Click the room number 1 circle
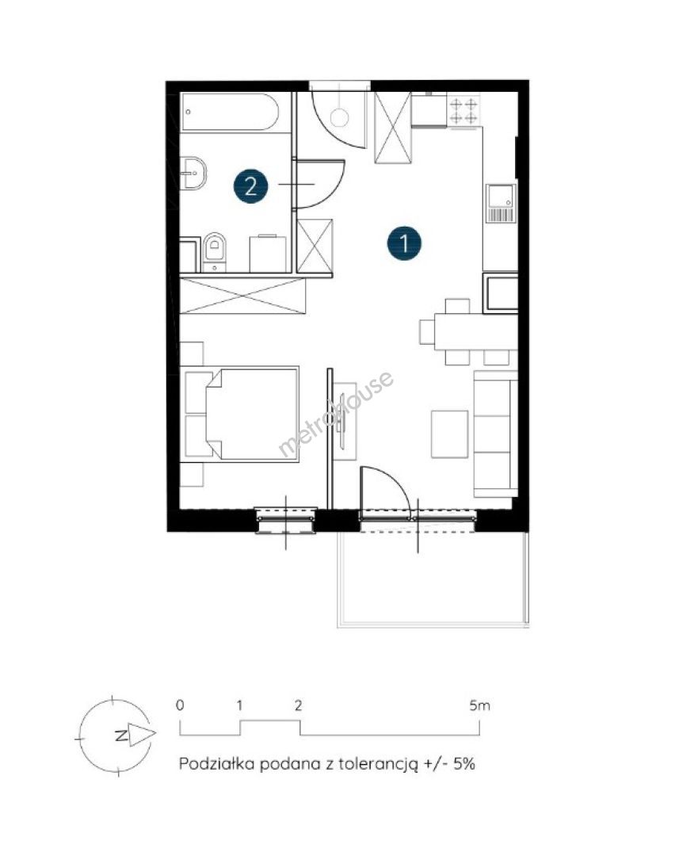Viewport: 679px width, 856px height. (x=404, y=243)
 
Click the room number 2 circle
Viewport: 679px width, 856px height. (x=250, y=187)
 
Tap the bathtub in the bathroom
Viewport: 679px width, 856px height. (x=230, y=112)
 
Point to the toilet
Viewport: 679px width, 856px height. (x=215, y=252)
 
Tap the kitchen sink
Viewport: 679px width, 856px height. (x=501, y=204)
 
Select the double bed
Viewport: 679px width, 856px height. (x=242, y=415)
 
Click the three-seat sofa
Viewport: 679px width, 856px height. (x=495, y=434)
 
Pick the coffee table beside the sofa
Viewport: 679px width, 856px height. (x=450, y=434)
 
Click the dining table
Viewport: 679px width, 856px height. (x=475, y=331)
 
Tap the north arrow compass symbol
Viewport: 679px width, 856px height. (x=115, y=735)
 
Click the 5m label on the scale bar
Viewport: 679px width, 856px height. (x=480, y=705)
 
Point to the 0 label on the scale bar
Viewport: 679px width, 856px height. (x=180, y=705)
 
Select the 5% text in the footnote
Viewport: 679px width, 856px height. (x=464, y=763)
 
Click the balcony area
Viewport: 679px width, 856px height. (x=433, y=579)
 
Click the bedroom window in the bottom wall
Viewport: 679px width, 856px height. (x=286, y=520)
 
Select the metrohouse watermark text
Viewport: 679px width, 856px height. (x=336, y=413)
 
